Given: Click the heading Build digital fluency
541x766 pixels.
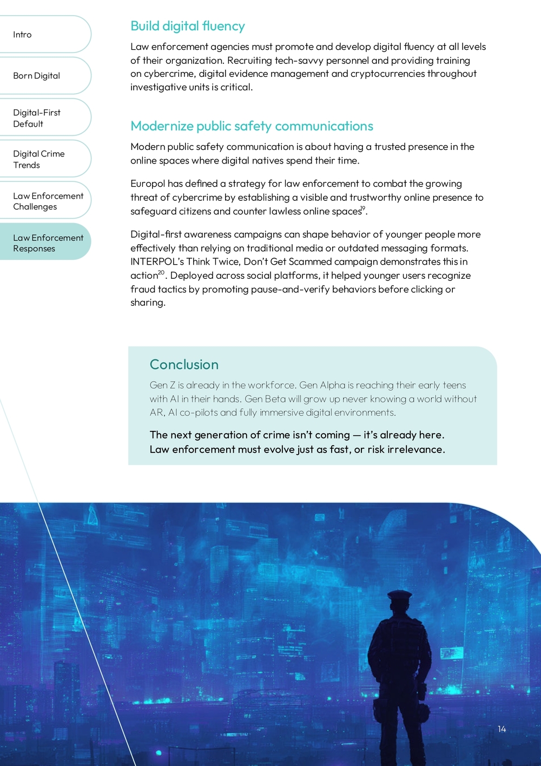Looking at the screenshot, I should pos(188,26).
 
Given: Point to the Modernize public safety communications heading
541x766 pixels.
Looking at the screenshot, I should pos(252,126).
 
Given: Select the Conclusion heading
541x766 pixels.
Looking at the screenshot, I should pos(184,364).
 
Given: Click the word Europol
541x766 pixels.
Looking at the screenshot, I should pos(148,184).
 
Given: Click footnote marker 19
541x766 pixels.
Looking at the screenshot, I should pos(363,208).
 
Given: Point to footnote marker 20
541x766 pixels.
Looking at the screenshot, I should pos(161,273).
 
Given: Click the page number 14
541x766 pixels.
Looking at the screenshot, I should pos(502,729).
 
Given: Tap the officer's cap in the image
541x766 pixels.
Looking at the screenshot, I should pos(400,597).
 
